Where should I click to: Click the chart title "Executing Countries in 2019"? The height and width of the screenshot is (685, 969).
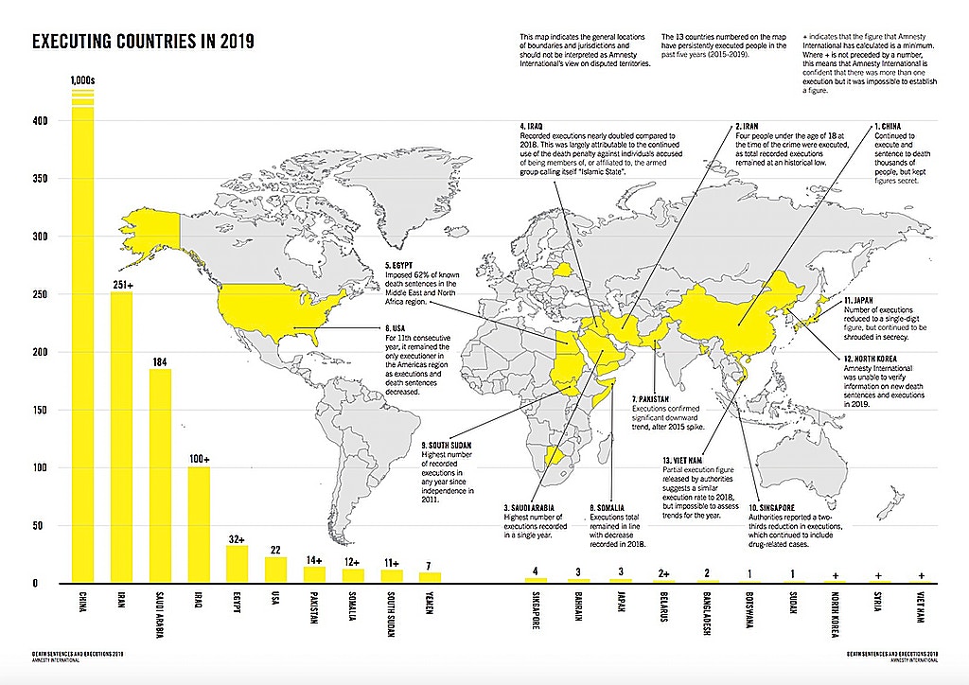click(x=142, y=43)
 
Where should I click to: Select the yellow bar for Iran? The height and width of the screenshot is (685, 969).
click(x=121, y=435)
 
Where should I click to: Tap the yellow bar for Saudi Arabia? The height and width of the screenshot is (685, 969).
click(x=160, y=473)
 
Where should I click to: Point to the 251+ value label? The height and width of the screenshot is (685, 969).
click(x=121, y=284)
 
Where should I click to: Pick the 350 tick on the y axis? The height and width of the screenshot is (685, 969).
click(x=38, y=178)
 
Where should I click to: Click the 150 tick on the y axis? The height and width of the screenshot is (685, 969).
click(x=38, y=410)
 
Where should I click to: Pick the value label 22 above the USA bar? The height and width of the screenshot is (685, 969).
click(x=275, y=549)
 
